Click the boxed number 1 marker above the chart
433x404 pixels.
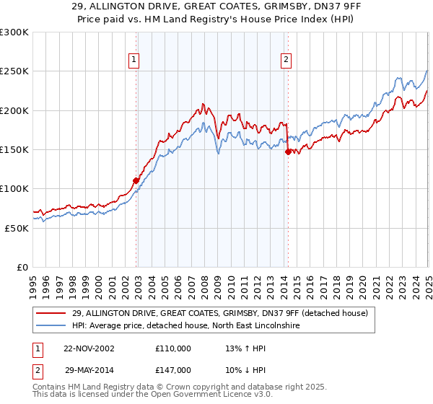point(135,60)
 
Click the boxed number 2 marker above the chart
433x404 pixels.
point(287,60)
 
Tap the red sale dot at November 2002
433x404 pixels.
point(136,180)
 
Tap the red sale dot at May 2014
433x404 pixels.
point(288,151)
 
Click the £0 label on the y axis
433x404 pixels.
point(22,267)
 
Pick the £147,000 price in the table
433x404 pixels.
point(172,369)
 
